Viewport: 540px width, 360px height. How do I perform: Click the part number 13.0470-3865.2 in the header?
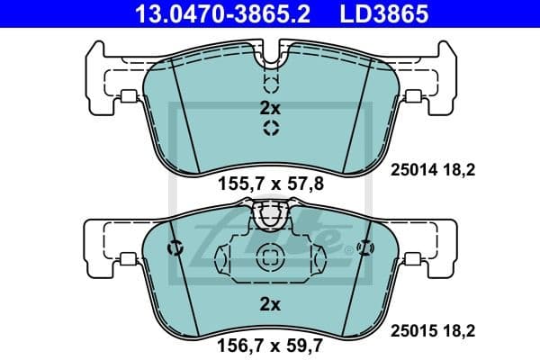(215, 14)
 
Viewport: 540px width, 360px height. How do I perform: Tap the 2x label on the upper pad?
(270, 108)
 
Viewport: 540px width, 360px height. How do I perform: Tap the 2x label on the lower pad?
(270, 304)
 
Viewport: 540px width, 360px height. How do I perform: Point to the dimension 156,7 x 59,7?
(270, 342)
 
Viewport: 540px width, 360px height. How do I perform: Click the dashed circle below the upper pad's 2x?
(270, 129)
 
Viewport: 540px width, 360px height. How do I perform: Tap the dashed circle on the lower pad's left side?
(176, 249)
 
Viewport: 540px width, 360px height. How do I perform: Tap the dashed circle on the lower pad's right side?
(364, 249)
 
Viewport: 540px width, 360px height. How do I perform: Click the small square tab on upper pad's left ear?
(129, 97)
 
